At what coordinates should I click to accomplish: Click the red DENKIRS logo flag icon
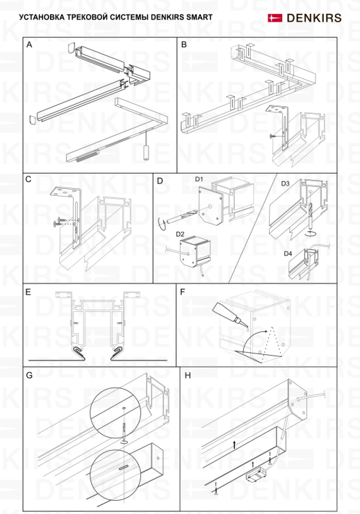point(275,17)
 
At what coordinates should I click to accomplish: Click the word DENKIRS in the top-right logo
point(314,18)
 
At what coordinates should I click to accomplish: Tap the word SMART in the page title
point(199,17)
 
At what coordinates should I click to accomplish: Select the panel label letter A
point(29,44)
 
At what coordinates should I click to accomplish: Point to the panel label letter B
point(184,44)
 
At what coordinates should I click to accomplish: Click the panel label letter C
point(28,179)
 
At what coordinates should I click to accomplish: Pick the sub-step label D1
point(199,179)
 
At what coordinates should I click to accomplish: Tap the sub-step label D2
point(180,234)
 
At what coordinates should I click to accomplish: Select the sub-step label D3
point(285,183)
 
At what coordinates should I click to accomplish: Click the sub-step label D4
point(288,254)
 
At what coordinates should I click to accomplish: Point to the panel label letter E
point(28,292)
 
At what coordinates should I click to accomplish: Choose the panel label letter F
point(183,292)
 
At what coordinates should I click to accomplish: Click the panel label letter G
point(29,375)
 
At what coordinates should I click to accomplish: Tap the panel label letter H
point(188,375)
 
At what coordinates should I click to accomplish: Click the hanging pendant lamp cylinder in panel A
point(145,153)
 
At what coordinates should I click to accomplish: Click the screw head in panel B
point(272,135)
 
